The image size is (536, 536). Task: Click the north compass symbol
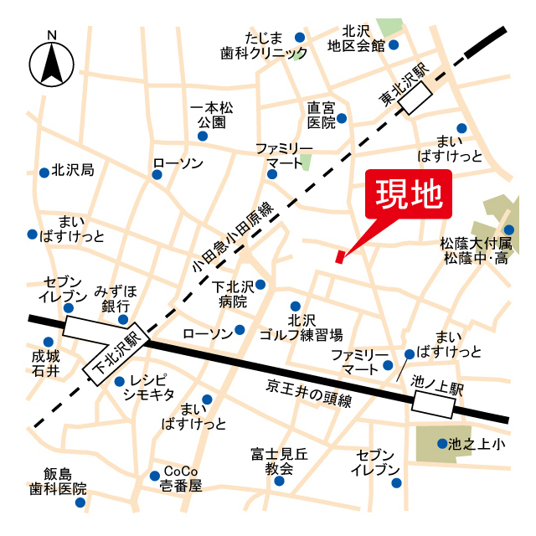52,64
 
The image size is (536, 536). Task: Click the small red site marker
339,256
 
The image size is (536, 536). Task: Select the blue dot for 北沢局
44,173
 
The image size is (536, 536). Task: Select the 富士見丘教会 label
279,461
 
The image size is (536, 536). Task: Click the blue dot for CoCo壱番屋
155,476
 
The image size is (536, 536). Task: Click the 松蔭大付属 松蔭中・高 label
476,250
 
